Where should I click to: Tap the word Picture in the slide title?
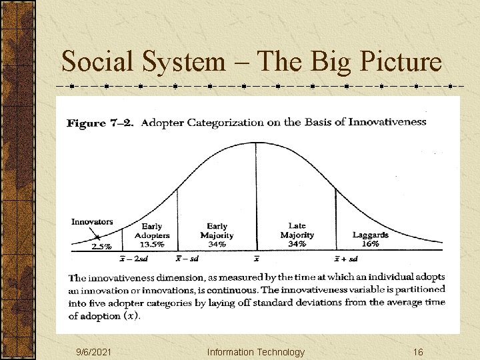(400, 62)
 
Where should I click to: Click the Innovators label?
(92, 222)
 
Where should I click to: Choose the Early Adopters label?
(152, 231)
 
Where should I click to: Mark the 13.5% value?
(153, 243)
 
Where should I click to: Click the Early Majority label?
(217, 231)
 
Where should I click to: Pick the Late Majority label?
(297, 231)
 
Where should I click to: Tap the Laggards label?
(370, 235)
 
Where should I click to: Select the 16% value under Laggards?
(371, 244)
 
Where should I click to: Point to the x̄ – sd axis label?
(187, 259)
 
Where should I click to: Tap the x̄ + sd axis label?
(346, 259)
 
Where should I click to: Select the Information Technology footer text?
(255, 352)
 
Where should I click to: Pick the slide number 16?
(418, 352)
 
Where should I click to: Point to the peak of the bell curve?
(256, 143)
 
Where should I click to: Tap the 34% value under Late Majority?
(297, 244)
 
